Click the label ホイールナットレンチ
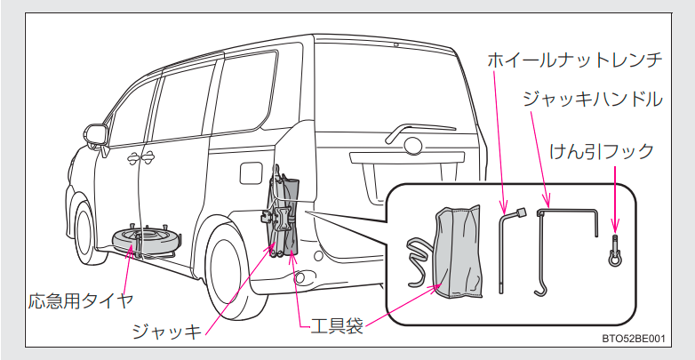[575, 60]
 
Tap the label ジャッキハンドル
[593, 99]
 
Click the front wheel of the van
[86, 232]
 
